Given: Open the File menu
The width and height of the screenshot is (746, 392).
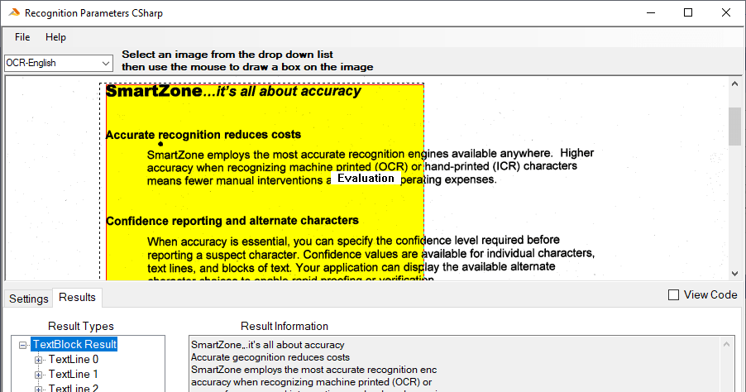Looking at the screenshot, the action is [x=22, y=37].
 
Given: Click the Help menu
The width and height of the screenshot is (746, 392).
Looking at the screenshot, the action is [x=55, y=37].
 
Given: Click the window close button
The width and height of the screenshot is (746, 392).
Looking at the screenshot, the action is [x=725, y=12].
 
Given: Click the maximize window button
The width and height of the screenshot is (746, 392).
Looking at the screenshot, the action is [x=688, y=12].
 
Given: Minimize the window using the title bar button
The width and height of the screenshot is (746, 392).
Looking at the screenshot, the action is [x=650, y=12].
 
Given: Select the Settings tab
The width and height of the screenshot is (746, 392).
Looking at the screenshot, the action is [x=29, y=299].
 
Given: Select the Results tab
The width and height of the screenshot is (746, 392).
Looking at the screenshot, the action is [x=78, y=298].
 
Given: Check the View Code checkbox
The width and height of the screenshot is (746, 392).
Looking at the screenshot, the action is [x=674, y=295].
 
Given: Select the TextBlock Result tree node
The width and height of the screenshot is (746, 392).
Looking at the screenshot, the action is [x=74, y=344].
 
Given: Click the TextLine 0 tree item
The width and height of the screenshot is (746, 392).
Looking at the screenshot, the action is [x=74, y=360].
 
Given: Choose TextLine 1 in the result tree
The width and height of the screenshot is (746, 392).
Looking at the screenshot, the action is [x=74, y=375].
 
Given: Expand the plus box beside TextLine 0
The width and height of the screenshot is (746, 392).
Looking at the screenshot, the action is [x=38, y=360].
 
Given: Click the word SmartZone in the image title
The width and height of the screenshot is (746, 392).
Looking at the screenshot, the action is [x=154, y=91].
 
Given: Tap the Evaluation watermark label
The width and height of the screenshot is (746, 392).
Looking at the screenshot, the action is [x=366, y=178].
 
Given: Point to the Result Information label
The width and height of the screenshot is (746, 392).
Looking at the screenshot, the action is [x=285, y=326].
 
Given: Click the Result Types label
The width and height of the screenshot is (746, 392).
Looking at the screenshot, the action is [x=81, y=326].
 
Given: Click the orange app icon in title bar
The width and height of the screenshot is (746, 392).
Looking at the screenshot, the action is [x=12, y=13].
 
